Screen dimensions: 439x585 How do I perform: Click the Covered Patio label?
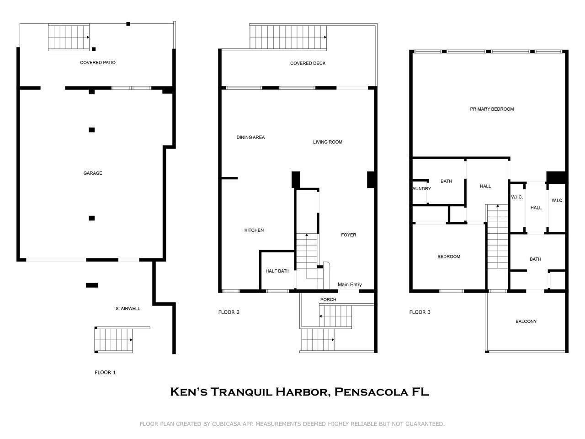click(98, 63)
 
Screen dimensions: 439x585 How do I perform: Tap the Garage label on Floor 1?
click(93, 173)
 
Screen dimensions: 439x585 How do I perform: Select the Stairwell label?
click(128, 309)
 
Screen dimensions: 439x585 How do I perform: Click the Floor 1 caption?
click(105, 373)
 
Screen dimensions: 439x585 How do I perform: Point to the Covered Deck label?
click(308, 64)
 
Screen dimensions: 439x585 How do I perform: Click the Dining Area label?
click(250, 138)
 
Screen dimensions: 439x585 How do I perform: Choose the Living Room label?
click(327, 142)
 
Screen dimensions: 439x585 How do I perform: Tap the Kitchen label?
click(254, 230)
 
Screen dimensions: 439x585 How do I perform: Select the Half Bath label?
click(277, 271)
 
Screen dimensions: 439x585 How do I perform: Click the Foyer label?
click(348, 235)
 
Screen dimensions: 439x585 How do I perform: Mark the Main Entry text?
click(350, 285)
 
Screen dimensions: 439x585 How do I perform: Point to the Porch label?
click(328, 300)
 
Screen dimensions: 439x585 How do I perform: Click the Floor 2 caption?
click(229, 312)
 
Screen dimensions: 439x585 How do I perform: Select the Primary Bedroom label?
click(492, 109)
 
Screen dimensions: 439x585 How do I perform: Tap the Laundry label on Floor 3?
click(421, 189)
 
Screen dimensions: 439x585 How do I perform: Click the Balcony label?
click(526, 321)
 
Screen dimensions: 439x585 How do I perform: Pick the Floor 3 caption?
click(420, 312)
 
